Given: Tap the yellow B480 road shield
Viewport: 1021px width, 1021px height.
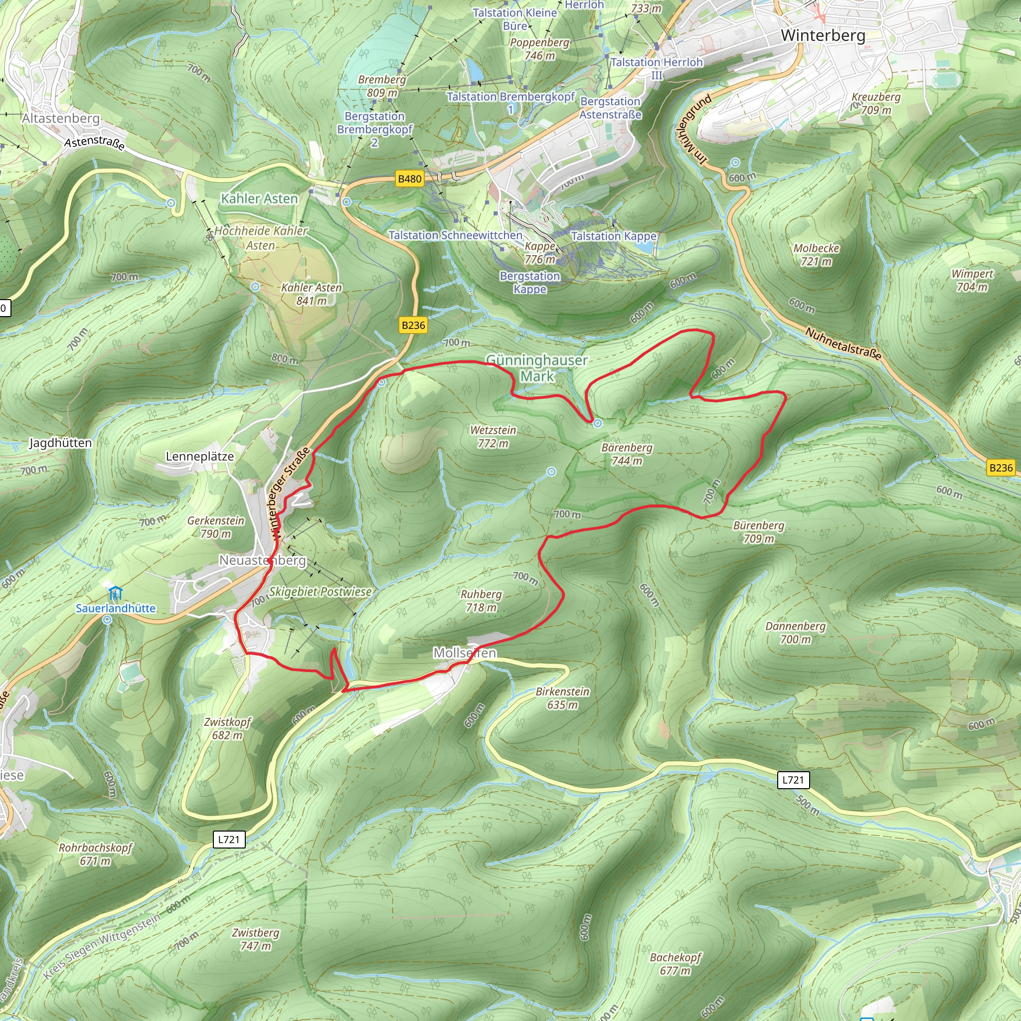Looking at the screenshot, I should (410, 178).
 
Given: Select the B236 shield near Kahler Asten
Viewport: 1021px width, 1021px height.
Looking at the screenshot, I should (413, 325).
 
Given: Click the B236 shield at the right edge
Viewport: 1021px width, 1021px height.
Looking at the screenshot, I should (1001, 467).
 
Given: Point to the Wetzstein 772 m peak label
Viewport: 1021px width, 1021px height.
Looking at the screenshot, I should (493, 437).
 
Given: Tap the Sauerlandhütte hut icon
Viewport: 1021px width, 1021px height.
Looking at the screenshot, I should (115, 592).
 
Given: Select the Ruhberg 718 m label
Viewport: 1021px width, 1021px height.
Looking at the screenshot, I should (481, 600).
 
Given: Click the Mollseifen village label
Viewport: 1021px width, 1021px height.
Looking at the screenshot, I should (465, 653).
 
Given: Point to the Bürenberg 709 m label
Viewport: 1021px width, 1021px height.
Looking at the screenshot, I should (758, 531).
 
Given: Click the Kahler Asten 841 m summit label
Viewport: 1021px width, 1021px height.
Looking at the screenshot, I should (311, 294).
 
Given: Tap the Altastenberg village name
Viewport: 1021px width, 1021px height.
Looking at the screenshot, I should (61, 118).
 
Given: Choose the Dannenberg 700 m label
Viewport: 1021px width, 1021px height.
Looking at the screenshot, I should (795, 632).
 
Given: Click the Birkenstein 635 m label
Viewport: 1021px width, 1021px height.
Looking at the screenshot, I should (562, 697).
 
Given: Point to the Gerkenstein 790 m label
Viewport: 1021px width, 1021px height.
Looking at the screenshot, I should (215, 527).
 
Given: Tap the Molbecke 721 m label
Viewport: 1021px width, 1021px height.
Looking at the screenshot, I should (816, 254).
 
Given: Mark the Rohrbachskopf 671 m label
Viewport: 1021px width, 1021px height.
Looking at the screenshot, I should (95, 854).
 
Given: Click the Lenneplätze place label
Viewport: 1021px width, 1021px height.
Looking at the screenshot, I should (200, 456).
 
